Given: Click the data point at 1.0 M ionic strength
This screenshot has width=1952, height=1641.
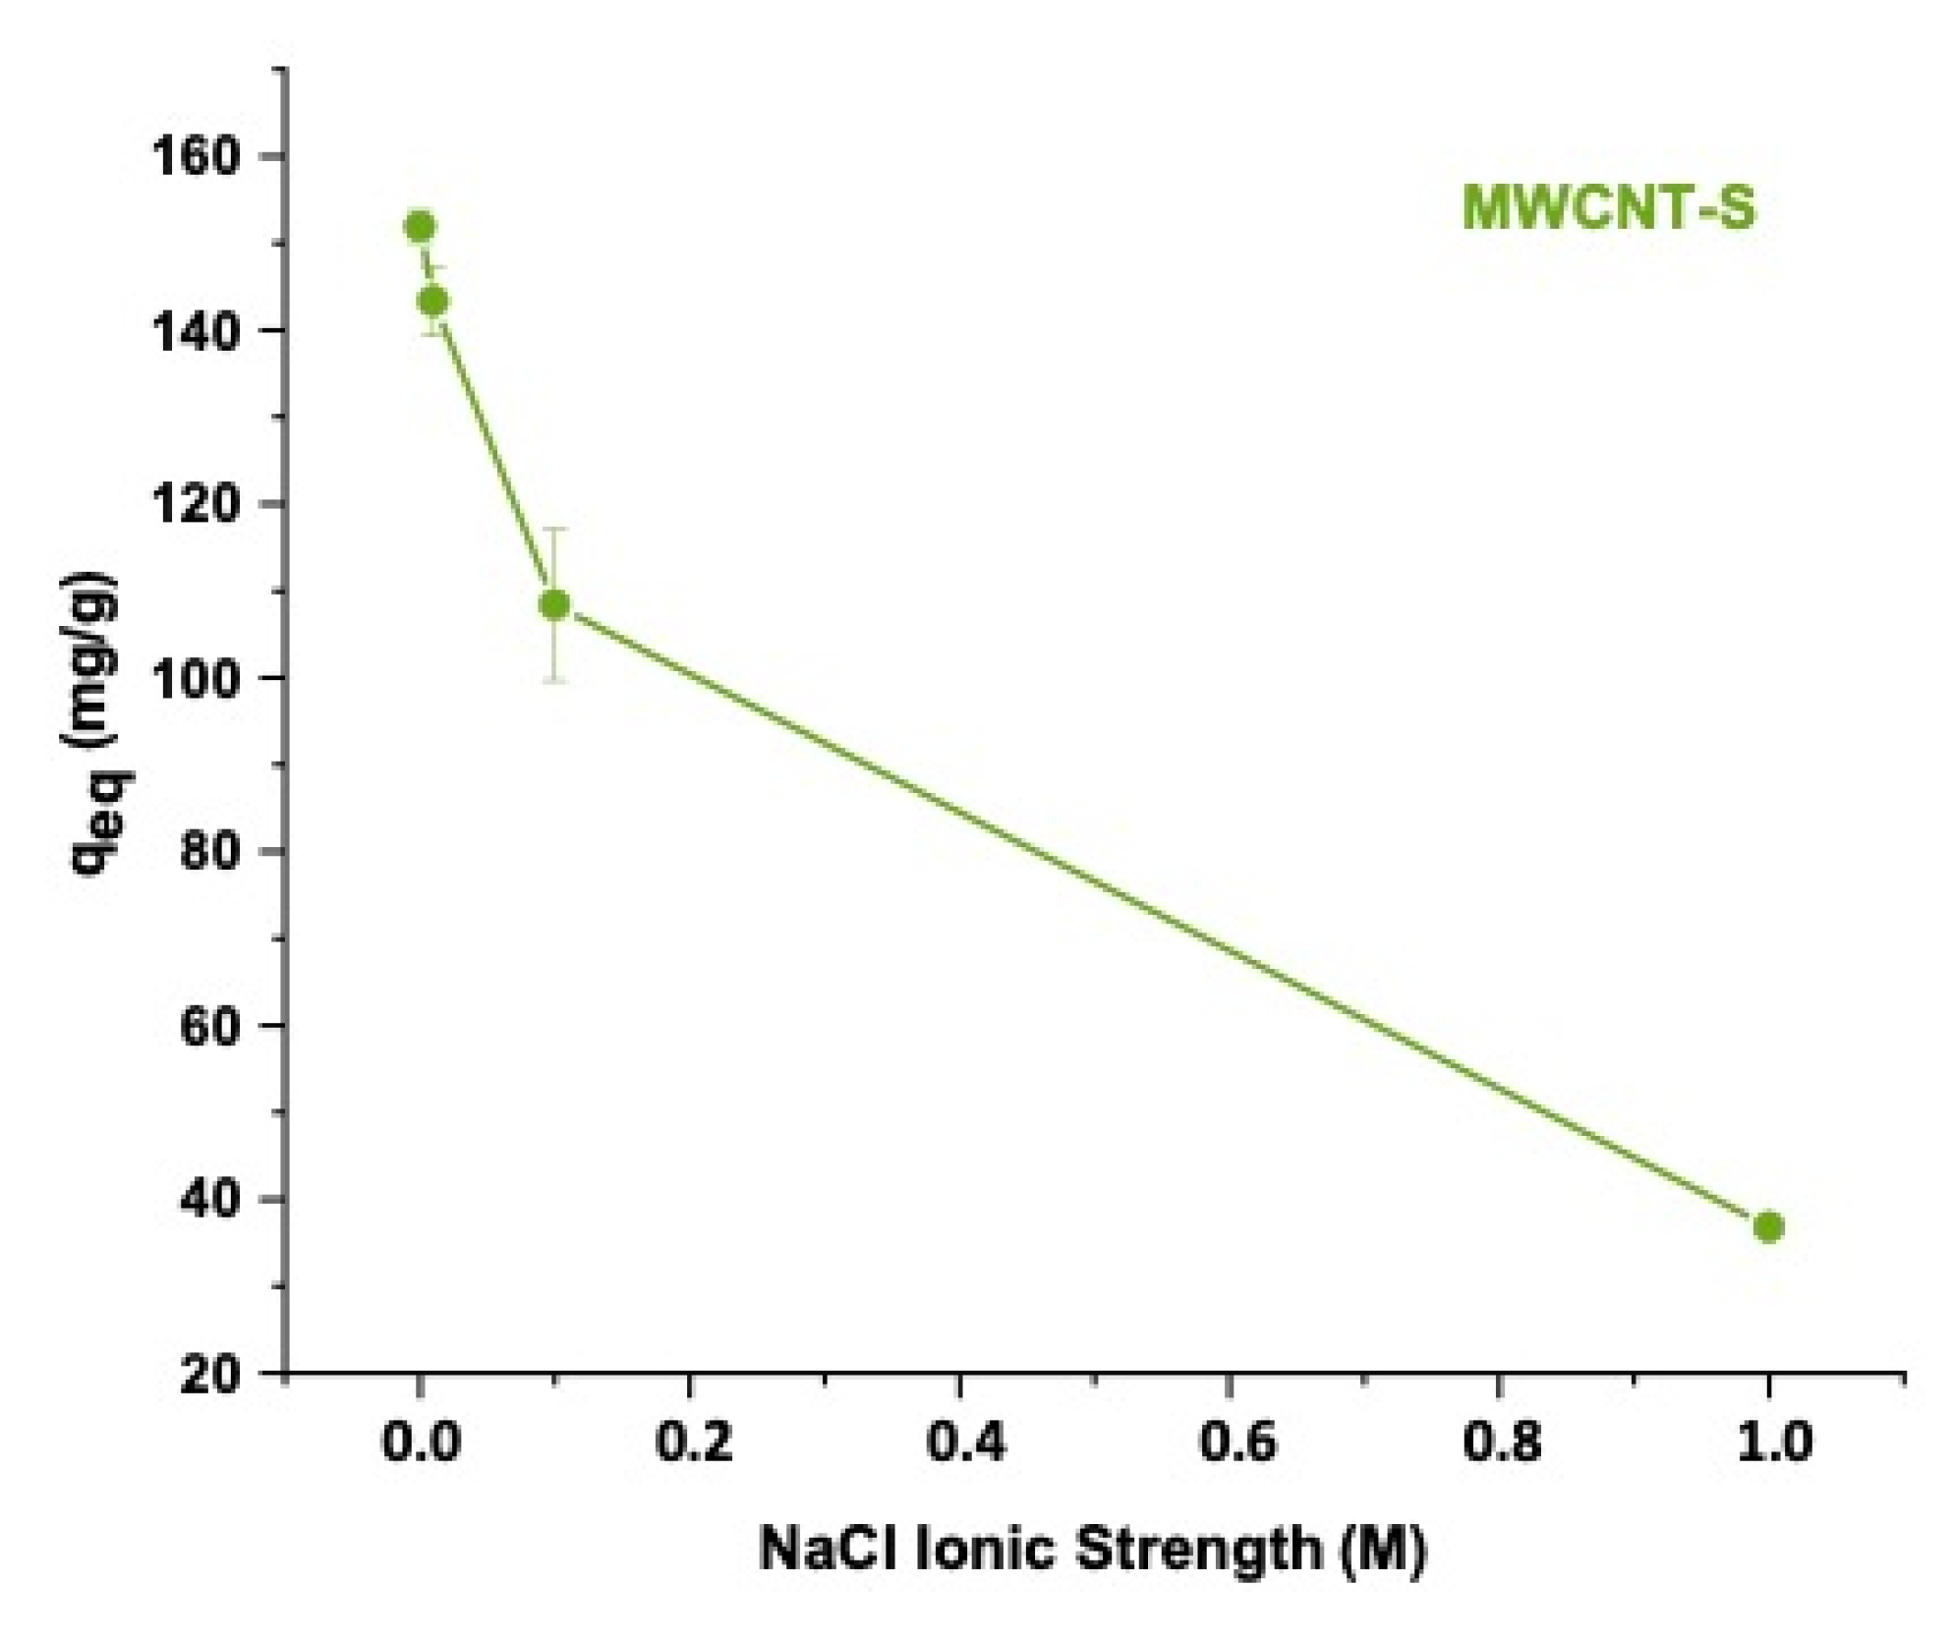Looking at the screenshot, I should pos(1768,1226).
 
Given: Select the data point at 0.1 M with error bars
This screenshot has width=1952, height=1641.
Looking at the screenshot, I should pos(555,604).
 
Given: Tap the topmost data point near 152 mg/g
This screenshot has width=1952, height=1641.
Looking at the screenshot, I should pos(420,227).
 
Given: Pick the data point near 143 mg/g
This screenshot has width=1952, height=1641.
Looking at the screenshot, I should pos(433,301).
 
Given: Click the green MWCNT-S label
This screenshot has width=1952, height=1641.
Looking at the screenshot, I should pos(1608,209).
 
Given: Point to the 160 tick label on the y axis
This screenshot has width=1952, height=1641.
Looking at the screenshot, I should pos(196,156).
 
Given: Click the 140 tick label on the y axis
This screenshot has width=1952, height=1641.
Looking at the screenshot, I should pos(196,330).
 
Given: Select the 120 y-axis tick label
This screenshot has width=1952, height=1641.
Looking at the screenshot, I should pos(196,504).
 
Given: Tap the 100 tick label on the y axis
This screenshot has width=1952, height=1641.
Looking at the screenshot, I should pos(196,678).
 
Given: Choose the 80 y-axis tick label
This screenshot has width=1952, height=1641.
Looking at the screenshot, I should pos(209,851).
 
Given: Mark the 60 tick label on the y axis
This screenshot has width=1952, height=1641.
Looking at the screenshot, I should pos(209,1025).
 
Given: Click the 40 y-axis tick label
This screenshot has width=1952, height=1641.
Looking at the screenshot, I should pos(209,1199).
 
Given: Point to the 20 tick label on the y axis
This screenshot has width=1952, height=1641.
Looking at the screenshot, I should pos(209,1373).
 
